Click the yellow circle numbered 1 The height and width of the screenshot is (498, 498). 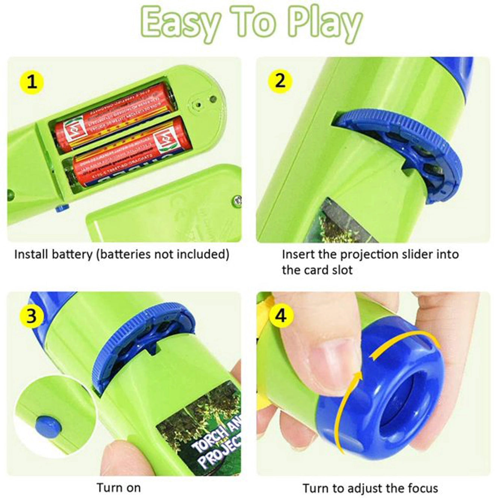point(32,82)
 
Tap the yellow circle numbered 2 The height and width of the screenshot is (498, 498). point(280,80)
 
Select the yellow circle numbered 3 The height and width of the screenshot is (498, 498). point(32,316)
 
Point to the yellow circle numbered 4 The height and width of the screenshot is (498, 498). point(280,315)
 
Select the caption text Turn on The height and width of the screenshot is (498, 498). point(119,488)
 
